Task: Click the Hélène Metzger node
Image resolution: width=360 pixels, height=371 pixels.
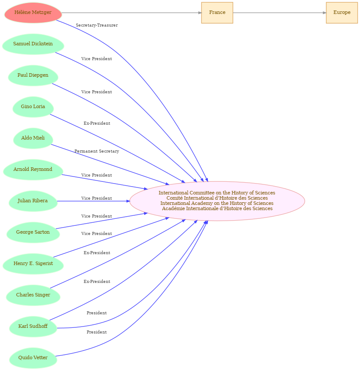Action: [x=33, y=13]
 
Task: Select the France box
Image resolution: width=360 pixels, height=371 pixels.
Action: [x=217, y=13]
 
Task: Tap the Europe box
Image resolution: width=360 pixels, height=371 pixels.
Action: [x=342, y=13]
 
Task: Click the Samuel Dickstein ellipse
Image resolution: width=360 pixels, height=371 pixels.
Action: [x=33, y=44]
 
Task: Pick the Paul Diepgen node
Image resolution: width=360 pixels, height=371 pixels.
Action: [x=33, y=75]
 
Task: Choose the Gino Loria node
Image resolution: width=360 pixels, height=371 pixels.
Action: [x=33, y=107]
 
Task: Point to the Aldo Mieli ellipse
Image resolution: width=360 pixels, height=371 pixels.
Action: [x=33, y=138]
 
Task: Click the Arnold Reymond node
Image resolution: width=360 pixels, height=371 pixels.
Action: [x=33, y=170]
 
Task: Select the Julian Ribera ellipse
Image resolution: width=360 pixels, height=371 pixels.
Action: [x=33, y=201]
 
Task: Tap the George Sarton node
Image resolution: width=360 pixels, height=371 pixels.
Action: [x=33, y=233]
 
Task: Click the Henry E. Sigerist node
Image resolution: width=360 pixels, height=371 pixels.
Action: [x=33, y=264]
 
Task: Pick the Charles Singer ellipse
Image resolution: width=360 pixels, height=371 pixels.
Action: [x=33, y=295]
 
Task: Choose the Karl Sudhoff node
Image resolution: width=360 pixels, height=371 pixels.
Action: [x=33, y=327]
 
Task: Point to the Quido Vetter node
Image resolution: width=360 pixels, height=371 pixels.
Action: [x=33, y=358]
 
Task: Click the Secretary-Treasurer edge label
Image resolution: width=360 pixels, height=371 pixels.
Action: [x=97, y=25]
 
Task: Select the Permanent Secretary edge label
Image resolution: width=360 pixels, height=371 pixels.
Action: [x=97, y=151]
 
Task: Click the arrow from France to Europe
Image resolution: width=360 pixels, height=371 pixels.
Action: [x=279, y=13]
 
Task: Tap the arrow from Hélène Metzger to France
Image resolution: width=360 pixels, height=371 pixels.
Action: [x=132, y=13]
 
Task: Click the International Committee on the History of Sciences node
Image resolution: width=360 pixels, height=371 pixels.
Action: [x=217, y=201]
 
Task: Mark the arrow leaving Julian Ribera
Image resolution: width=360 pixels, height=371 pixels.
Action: [x=93, y=201]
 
